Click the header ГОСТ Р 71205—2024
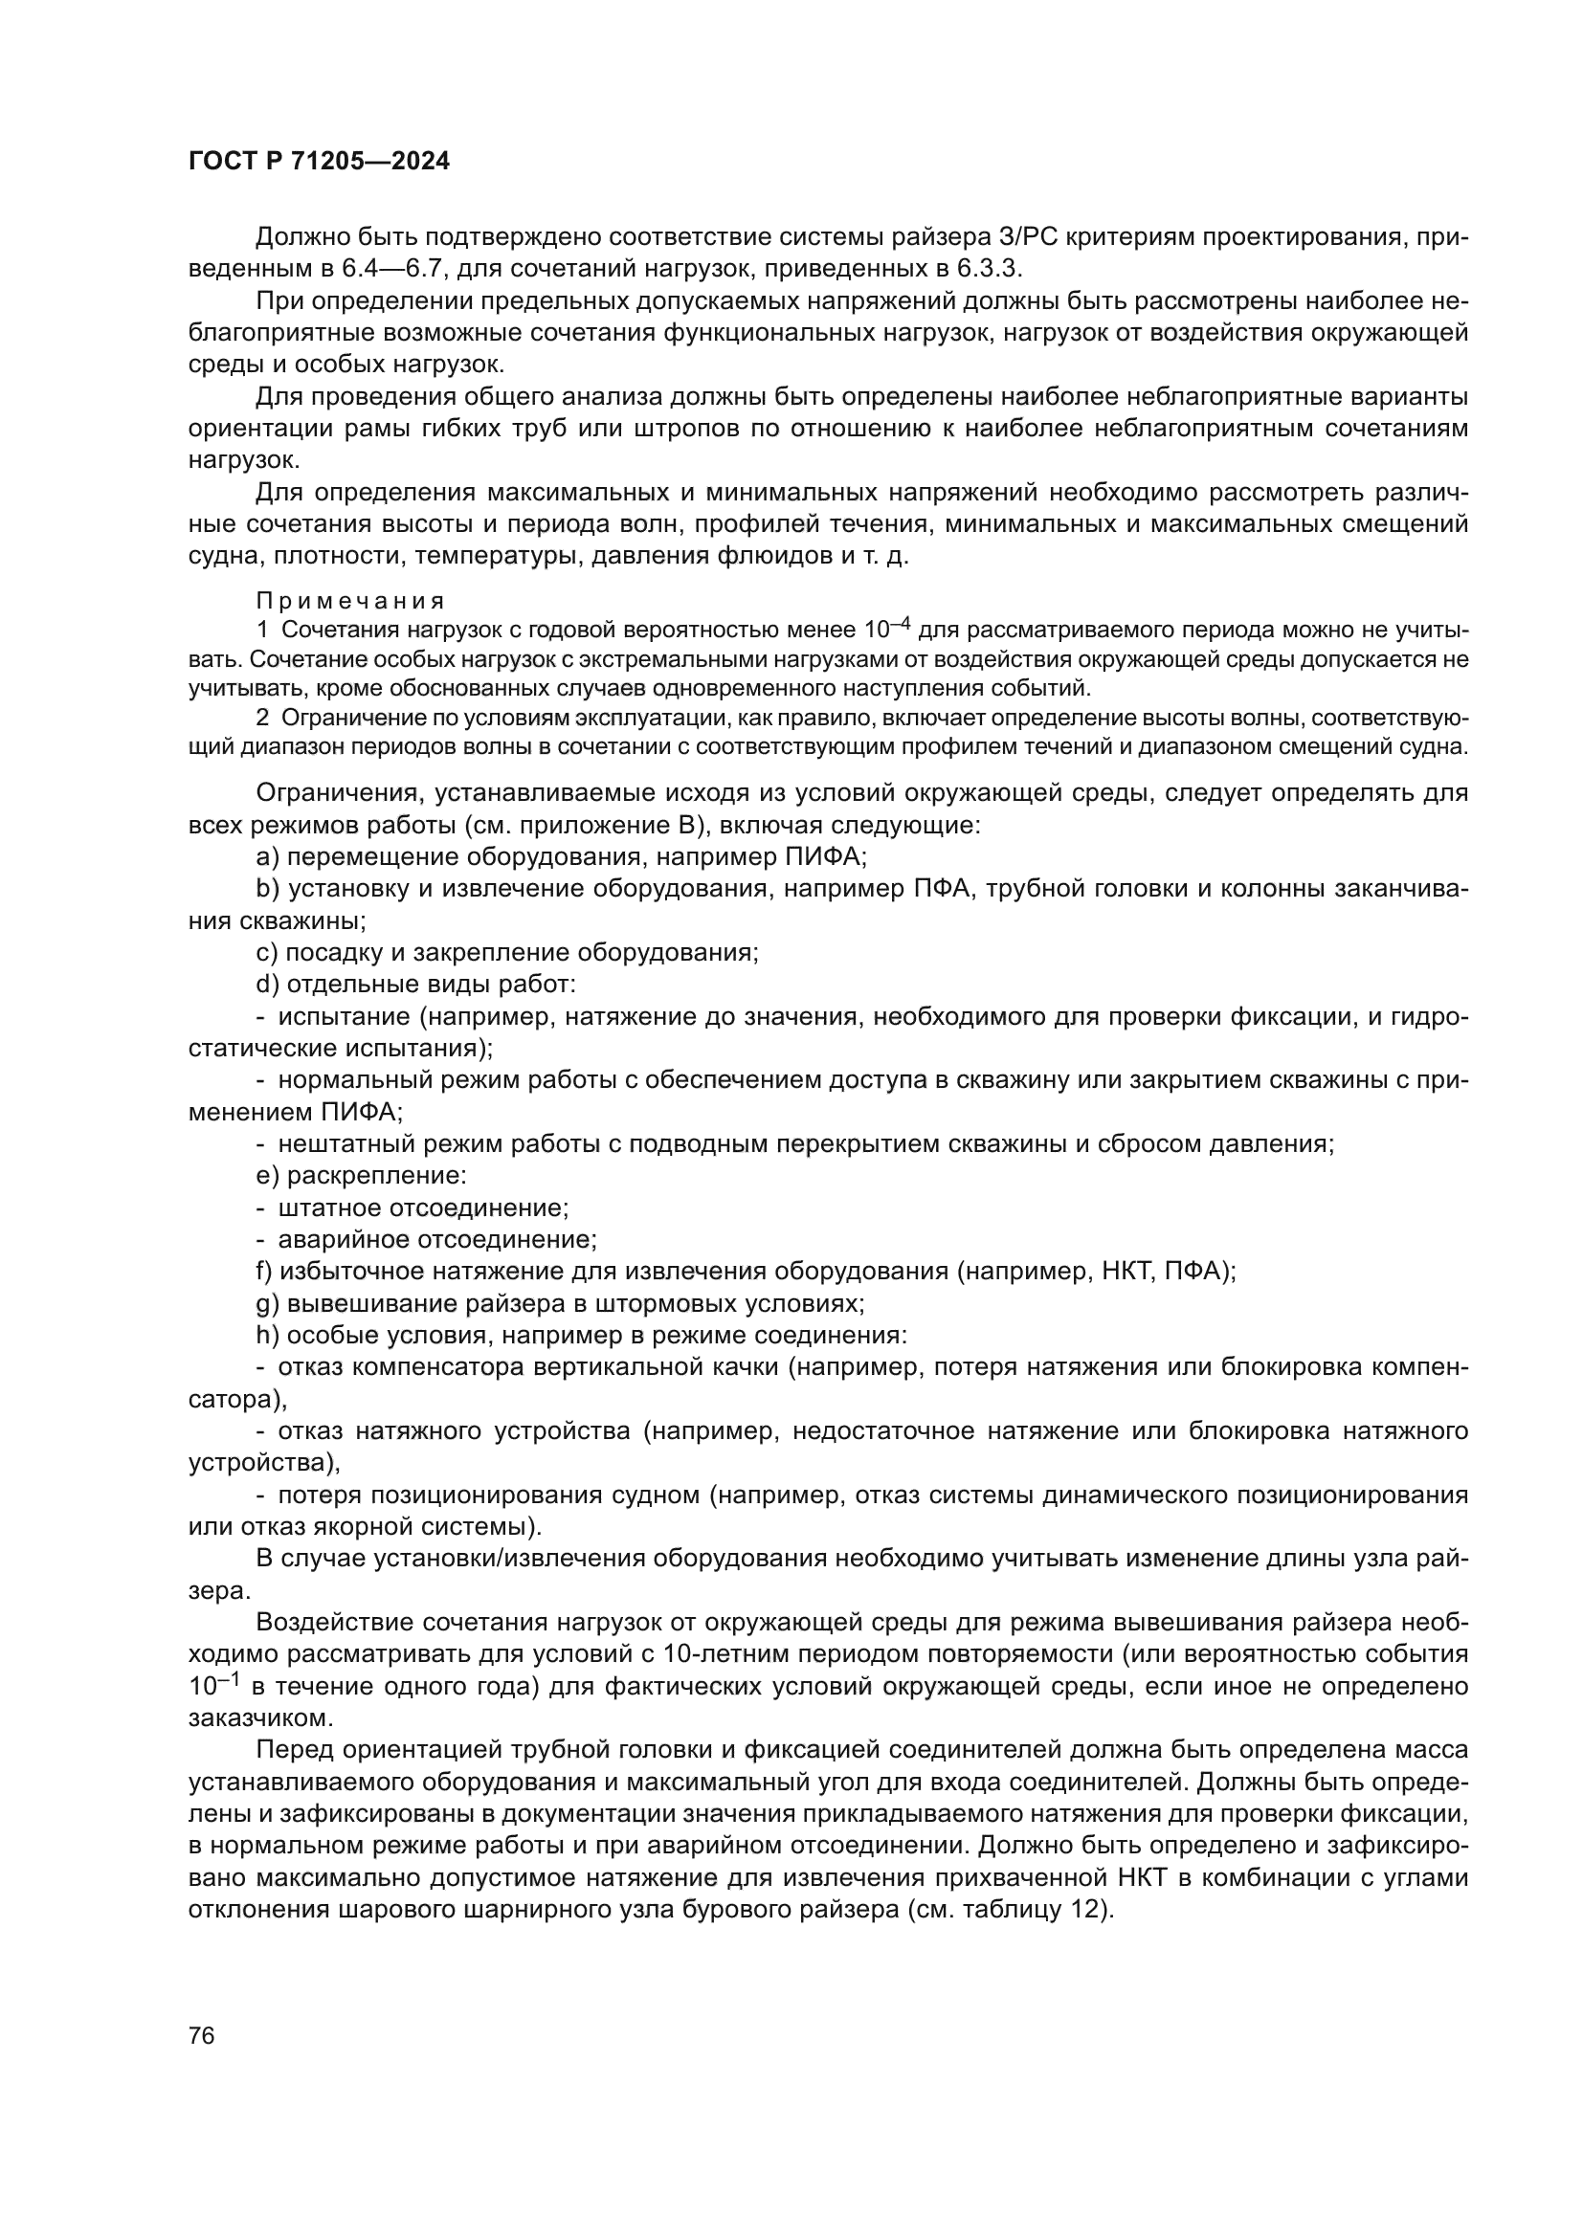pyautogui.click(x=319, y=162)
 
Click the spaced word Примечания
pyautogui.click(x=350, y=601)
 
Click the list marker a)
pyautogui.click(x=267, y=856)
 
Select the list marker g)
pyautogui.click(x=267, y=1303)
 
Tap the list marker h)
pyautogui.click(x=267, y=1336)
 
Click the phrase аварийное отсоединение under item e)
pyautogui.click(x=436, y=1240)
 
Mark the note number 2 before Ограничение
pyautogui.click(x=262, y=719)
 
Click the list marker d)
pyautogui.click(x=267, y=985)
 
